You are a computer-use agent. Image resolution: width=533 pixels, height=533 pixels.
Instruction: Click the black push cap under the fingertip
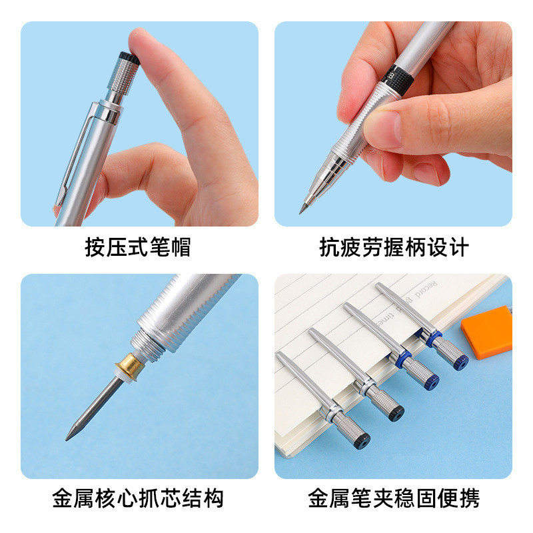point(129,58)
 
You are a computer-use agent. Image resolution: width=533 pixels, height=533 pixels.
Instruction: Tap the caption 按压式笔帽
point(138,247)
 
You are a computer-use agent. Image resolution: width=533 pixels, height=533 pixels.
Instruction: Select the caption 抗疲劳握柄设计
point(394,247)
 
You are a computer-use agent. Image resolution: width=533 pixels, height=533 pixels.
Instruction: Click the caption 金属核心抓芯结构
point(138,498)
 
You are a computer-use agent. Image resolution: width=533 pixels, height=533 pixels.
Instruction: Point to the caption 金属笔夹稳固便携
point(394,498)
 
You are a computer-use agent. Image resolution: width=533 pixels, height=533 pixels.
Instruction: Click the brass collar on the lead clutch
point(129,367)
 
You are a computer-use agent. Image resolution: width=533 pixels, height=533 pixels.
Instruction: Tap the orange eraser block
point(487,332)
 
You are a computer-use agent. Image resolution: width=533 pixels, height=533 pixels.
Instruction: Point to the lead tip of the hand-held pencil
point(300,212)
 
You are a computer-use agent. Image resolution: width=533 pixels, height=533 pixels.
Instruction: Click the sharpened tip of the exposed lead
point(67,439)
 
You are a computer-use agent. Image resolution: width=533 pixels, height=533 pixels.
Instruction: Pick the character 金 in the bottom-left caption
point(63,498)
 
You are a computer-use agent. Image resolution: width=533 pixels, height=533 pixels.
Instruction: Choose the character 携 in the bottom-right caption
point(469,498)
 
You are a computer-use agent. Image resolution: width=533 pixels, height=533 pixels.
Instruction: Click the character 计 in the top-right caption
point(458,247)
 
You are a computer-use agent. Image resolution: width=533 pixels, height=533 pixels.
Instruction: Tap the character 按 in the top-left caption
point(95,247)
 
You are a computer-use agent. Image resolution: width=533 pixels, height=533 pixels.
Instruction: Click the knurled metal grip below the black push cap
point(123,77)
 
